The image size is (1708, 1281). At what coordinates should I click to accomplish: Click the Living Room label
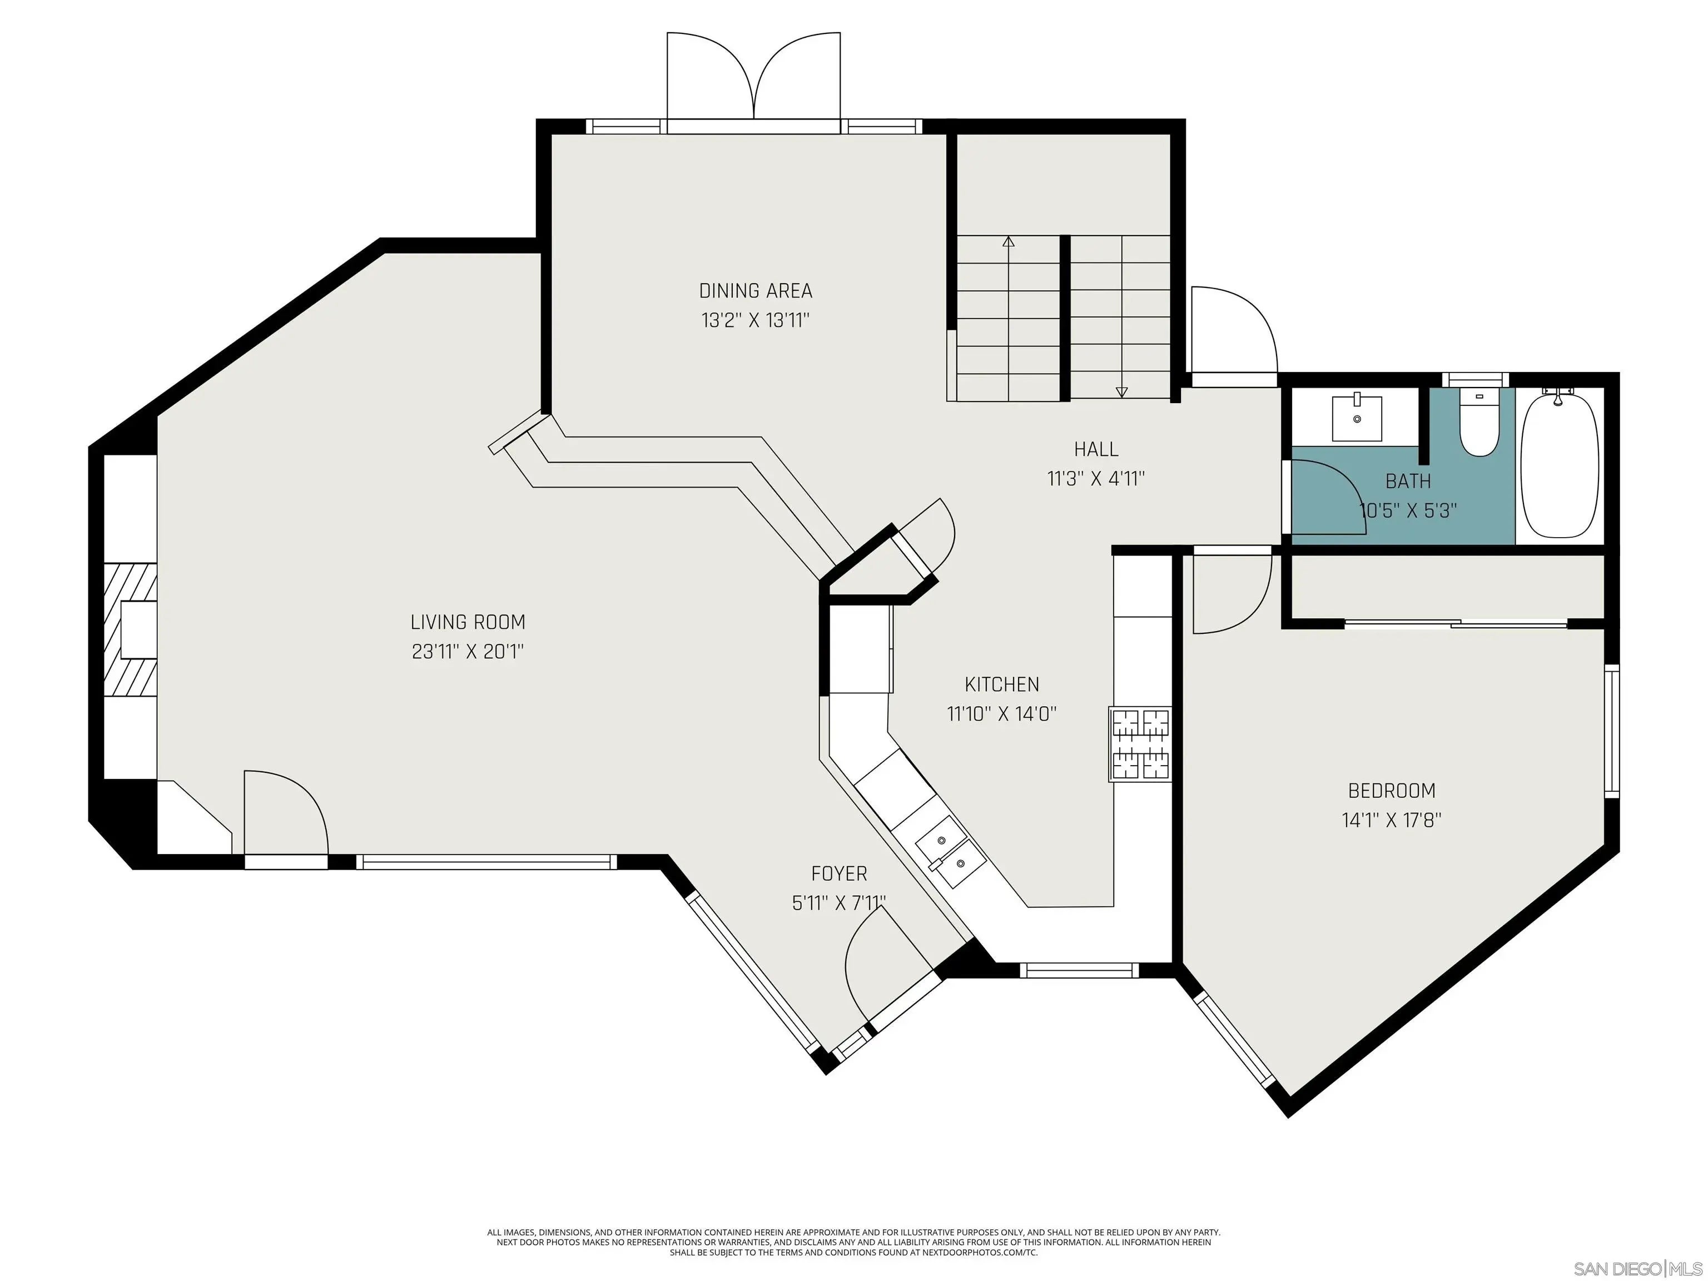click(468, 622)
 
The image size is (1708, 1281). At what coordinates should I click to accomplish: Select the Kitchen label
click(1001, 684)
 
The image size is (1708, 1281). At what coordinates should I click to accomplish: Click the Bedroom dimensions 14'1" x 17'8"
click(1392, 820)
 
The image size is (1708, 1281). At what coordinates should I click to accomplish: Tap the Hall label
click(1096, 449)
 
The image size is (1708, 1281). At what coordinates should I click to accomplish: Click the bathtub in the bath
click(1559, 465)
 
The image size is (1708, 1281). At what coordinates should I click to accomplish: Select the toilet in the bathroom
click(1479, 423)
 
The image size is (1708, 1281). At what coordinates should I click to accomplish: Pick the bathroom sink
click(1357, 418)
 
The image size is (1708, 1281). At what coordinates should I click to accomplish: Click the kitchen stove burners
click(1140, 744)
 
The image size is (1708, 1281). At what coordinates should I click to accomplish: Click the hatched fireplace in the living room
click(131, 630)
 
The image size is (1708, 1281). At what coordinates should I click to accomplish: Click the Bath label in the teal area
click(1408, 481)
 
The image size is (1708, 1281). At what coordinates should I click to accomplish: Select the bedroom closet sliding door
click(1456, 622)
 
